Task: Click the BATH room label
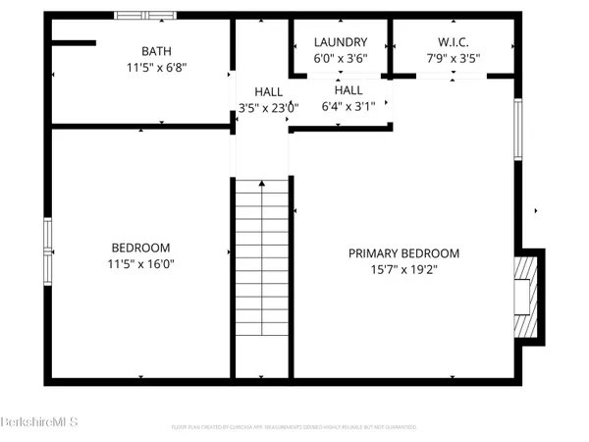155,51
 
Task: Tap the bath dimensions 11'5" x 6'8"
155,69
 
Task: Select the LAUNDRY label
341,42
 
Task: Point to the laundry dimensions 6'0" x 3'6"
341,58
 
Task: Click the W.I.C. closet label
455,42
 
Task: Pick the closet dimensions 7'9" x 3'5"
455,58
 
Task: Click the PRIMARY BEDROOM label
403,253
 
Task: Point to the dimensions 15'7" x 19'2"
403,270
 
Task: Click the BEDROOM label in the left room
140,248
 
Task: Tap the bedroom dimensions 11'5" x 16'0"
140,264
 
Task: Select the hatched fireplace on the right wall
527,295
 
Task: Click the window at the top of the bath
145,15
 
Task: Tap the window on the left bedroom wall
47,250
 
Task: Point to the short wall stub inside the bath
74,43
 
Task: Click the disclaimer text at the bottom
294,427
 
